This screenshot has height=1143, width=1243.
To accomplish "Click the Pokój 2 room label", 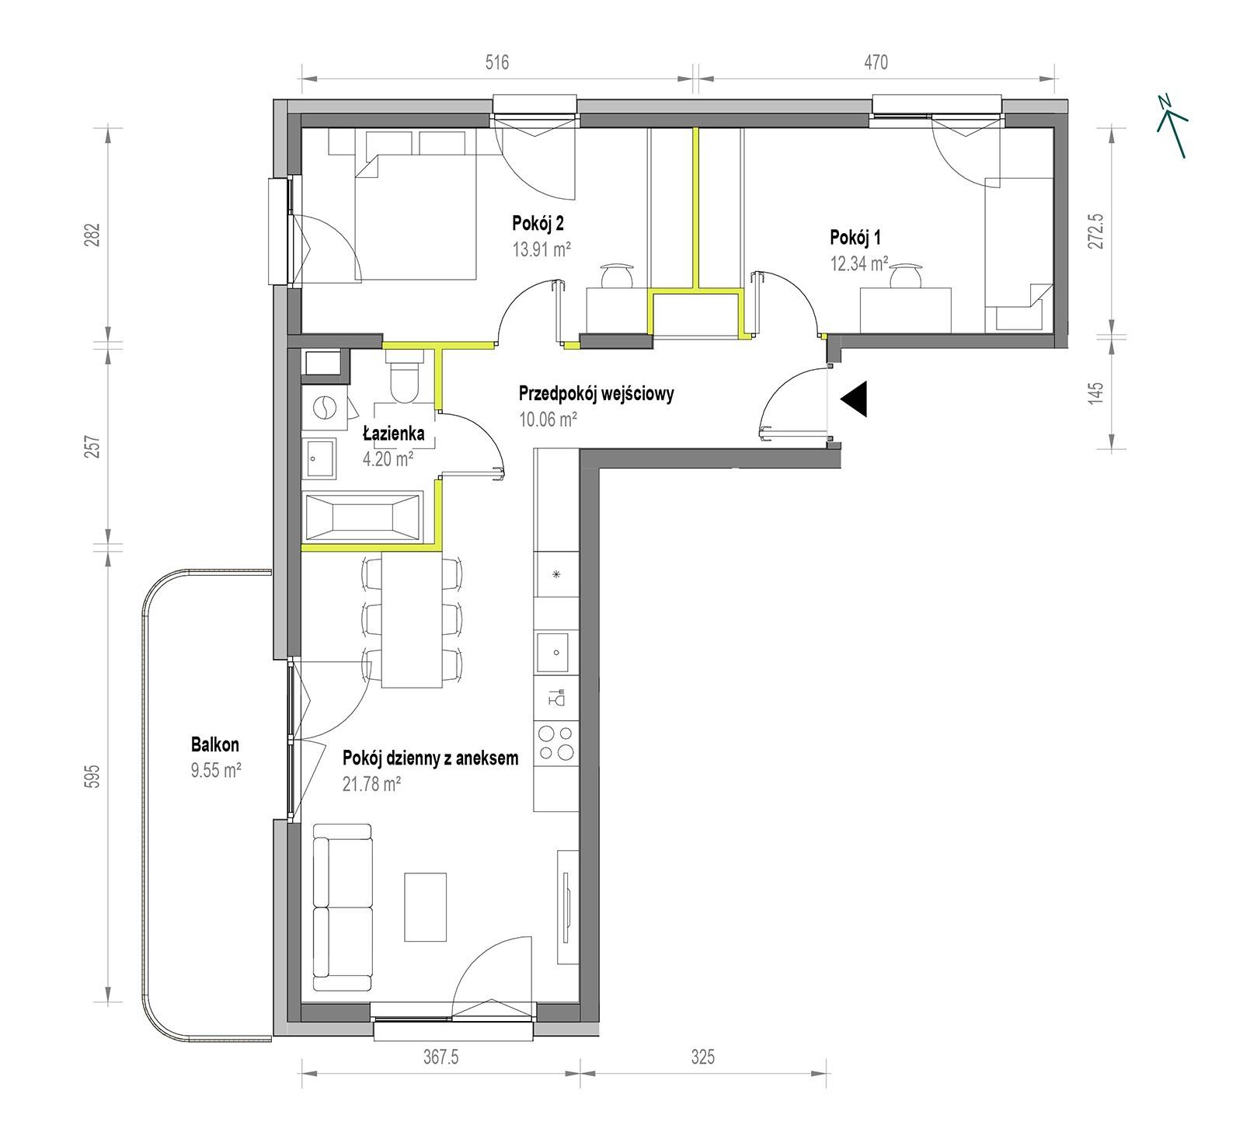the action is point(538,224).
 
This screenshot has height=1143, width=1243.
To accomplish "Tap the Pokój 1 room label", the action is point(855,237).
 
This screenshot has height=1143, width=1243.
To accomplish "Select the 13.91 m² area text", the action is point(541,249).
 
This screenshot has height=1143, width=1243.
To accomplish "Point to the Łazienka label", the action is point(394,434).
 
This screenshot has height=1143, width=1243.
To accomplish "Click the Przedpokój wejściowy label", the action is point(596,393).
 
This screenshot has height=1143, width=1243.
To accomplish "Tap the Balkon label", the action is point(215,744).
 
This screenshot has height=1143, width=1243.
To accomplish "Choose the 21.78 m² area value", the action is point(371,784).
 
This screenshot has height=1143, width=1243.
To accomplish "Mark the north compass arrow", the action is point(1172,125).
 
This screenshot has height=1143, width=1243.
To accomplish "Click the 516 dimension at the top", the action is point(497,62).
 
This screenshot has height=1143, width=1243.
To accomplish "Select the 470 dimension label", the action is point(876,62).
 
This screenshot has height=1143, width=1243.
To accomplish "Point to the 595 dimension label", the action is point(92,777).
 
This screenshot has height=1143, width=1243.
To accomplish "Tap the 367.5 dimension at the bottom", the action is point(440,1057).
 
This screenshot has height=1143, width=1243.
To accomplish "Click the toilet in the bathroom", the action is point(405,376).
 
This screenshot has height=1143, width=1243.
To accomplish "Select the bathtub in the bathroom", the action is point(363,516).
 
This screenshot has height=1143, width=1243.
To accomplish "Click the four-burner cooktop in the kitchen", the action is point(557,742).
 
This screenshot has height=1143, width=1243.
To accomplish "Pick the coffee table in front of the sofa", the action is point(425,907).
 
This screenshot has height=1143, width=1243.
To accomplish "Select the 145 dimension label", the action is point(1095,392).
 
